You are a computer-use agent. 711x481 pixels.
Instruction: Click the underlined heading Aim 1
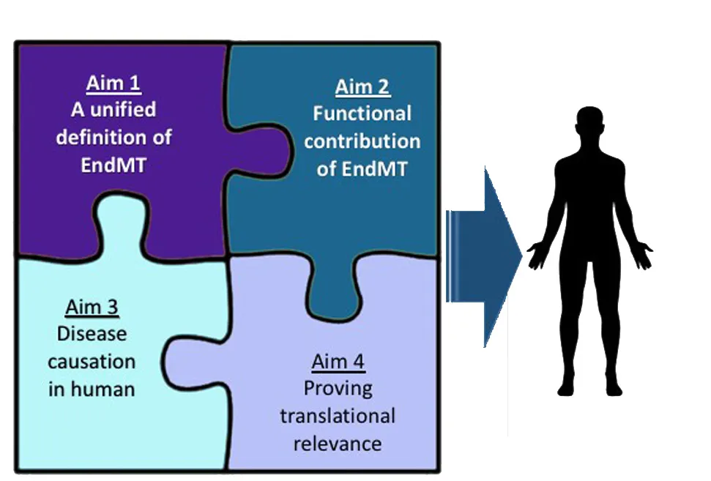pos(113,83)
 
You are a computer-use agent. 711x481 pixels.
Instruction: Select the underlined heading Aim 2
pos(362,87)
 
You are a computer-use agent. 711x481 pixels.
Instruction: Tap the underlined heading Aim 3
pos(92,307)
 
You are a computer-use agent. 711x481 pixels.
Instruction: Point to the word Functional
pos(362,113)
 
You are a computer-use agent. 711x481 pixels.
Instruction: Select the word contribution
pos(362,141)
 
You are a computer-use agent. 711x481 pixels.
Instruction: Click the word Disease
pos(92,334)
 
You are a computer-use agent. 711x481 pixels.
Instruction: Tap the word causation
pos(92,361)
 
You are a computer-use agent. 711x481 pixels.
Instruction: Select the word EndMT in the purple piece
pos(113,164)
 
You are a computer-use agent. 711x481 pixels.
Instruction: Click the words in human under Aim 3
pos(92,388)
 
